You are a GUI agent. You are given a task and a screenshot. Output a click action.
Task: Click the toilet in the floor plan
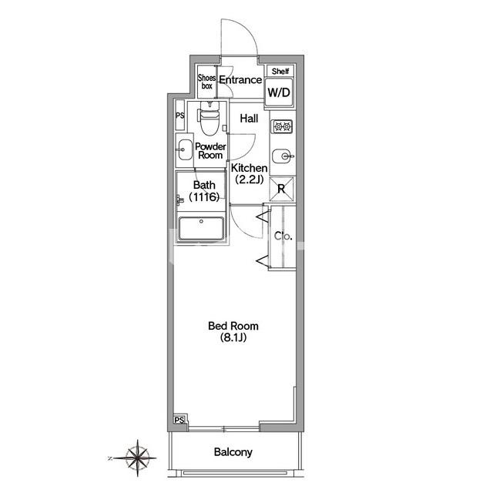(x=209, y=118)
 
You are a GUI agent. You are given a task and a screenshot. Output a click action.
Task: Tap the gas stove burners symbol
(x=283, y=126)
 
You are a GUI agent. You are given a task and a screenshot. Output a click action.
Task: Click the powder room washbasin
(x=185, y=149)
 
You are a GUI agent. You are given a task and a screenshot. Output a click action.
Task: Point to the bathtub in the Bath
(x=201, y=228)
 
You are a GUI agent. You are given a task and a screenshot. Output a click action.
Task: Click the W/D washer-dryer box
(x=279, y=92)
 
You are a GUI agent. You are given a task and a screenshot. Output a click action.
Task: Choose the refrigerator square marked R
(x=281, y=189)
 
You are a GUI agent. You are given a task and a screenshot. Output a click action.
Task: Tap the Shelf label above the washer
(x=280, y=72)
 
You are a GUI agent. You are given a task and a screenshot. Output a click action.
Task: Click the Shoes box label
(x=206, y=82)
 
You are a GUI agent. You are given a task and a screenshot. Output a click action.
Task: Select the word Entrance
(x=240, y=80)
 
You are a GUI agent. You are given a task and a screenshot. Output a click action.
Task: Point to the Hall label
(x=249, y=119)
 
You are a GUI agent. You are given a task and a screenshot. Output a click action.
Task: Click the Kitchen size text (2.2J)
(x=250, y=179)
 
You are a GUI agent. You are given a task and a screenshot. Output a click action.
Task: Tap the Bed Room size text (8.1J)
(x=233, y=337)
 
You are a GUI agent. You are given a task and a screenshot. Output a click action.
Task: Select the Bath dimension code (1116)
(x=204, y=197)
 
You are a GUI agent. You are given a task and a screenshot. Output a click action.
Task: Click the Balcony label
(x=233, y=452)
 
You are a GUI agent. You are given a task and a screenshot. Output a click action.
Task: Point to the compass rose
(x=137, y=458)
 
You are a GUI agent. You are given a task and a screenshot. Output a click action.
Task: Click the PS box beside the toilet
(x=179, y=115)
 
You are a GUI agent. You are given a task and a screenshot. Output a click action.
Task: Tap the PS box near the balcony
(x=179, y=420)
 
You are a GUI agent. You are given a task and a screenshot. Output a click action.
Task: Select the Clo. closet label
(x=283, y=236)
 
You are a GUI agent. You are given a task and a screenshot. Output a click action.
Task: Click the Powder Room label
(x=210, y=151)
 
